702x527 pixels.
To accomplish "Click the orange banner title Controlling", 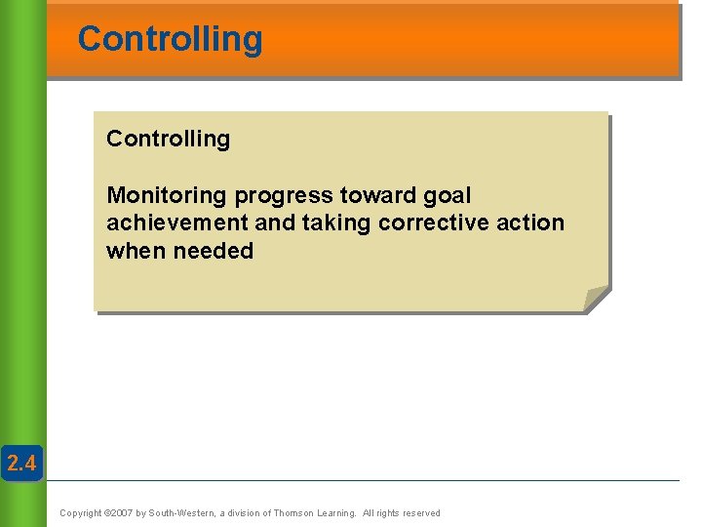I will [170, 39].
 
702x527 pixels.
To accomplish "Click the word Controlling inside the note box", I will [168, 139].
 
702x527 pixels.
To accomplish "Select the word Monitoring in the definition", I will [167, 195].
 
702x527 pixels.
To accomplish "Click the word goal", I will [447, 196].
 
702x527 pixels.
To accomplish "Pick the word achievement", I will [176, 223].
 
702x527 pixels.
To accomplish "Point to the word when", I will [136, 251].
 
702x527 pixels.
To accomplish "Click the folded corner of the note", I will [596, 299].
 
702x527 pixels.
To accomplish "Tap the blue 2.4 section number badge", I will [21, 464].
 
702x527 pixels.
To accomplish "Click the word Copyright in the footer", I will [81, 513].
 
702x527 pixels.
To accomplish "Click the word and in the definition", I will [275, 223].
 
